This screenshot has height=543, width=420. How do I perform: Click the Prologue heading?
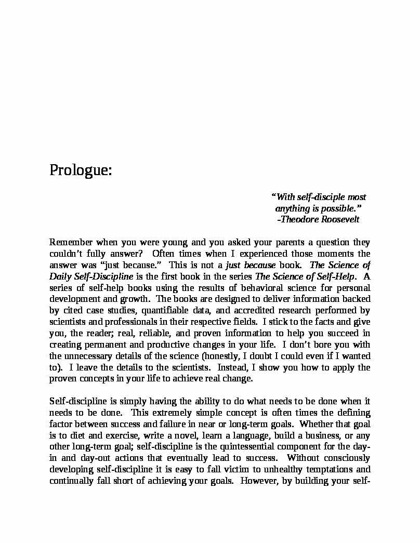(81, 170)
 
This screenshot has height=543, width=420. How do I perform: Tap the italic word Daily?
(59, 276)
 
